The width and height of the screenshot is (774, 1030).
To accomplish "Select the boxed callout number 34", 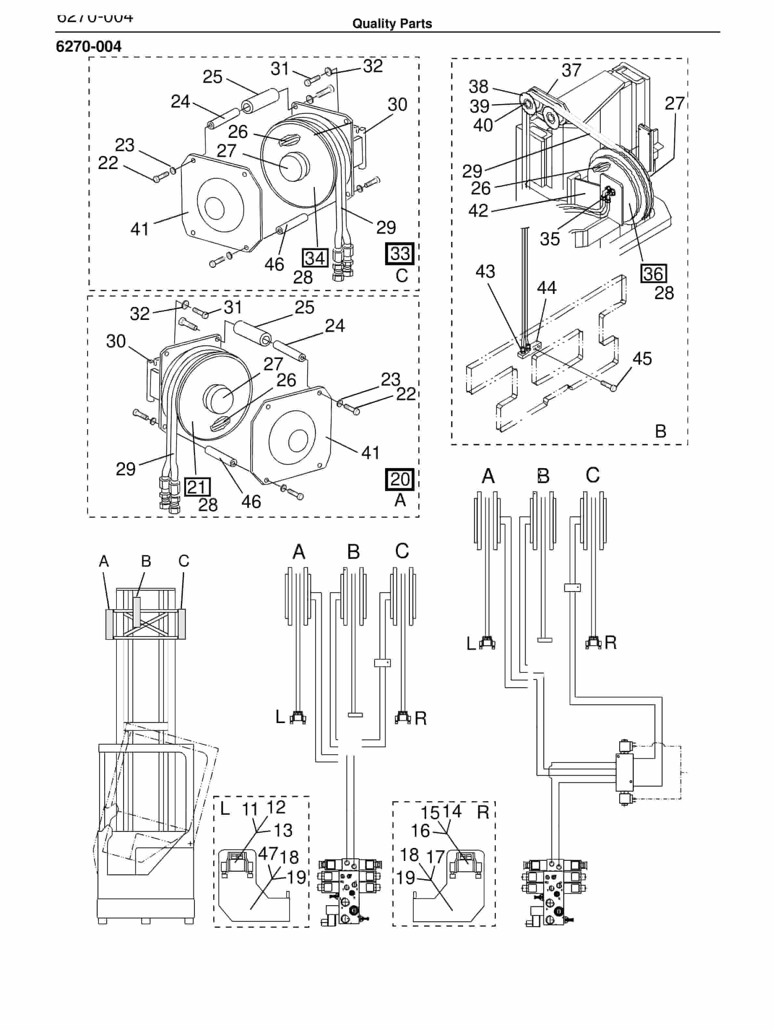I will pyautogui.click(x=315, y=258).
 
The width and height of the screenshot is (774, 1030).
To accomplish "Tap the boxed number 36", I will pyautogui.click(x=653, y=274).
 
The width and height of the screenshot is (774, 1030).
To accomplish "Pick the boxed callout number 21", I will pyautogui.click(x=197, y=487).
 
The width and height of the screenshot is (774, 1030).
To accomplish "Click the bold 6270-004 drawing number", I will pyautogui.click(x=88, y=46).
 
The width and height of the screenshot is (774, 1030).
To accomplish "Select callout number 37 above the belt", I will pyautogui.click(x=571, y=70).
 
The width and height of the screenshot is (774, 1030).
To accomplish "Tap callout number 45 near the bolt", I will pyautogui.click(x=642, y=359).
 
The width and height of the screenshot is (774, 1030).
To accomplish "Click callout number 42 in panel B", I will pyautogui.click(x=478, y=210).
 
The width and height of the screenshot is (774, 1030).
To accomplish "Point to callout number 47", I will pyautogui.click(x=268, y=853).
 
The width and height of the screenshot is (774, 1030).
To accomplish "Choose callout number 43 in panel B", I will pyautogui.click(x=485, y=271).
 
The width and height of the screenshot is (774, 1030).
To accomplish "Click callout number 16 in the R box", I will pyautogui.click(x=420, y=831).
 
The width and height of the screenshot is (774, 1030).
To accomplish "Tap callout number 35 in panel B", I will pyautogui.click(x=550, y=239).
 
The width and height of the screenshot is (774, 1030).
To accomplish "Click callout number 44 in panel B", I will pyautogui.click(x=546, y=288).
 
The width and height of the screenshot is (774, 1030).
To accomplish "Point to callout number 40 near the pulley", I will pyautogui.click(x=483, y=125).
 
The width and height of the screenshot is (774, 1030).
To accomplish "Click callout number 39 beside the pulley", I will pyautogui.click(x=479, y=107).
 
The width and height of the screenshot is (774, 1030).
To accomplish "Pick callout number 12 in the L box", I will pyautogui.click(x=276, y=807).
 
